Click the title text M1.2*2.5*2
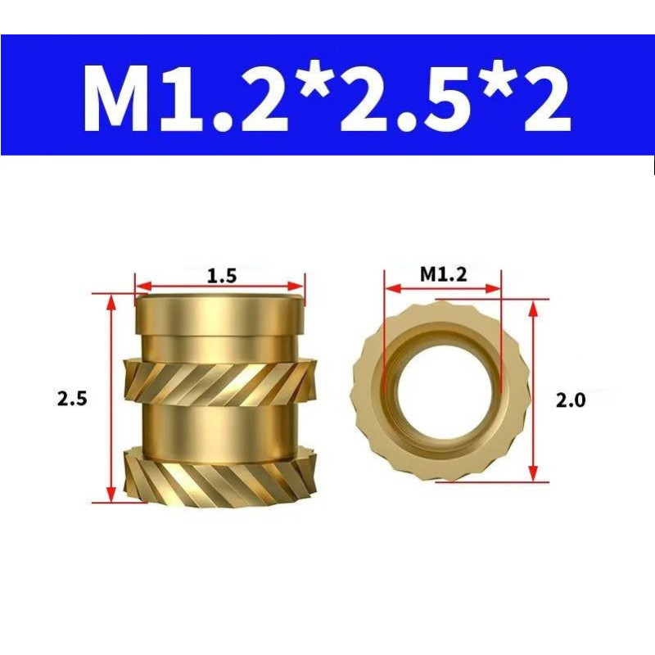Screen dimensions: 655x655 [327, 96]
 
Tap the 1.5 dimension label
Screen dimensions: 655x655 [221, 276]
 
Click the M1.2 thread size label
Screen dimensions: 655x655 [443, 275]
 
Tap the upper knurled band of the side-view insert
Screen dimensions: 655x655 [219, 382]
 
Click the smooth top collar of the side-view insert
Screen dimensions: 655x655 [219, 315]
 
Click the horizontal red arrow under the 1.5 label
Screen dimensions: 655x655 [219, 287]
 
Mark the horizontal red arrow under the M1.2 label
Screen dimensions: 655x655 [443, 289]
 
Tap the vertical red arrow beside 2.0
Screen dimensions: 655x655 [533, 391]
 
